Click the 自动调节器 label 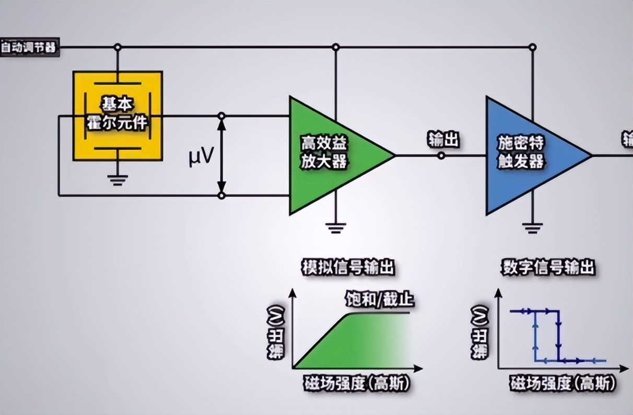click(29, 48)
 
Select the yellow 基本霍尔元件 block click(118, 116)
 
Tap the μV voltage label click(201, 156)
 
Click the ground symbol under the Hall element click(118, 180)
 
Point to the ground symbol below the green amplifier click(335, 227)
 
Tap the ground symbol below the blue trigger click(532, 227)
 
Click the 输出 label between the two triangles click(443, 140)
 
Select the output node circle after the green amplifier click(441, 155)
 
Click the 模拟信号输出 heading click(347, 268)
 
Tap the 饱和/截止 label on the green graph click(380, 299)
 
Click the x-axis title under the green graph click(356, 384)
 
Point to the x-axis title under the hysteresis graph click(561, 384)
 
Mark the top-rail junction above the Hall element click(118, 48)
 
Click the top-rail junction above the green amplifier click(335, 48)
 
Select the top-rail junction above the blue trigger click(532, 48)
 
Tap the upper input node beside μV click(221, 116)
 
